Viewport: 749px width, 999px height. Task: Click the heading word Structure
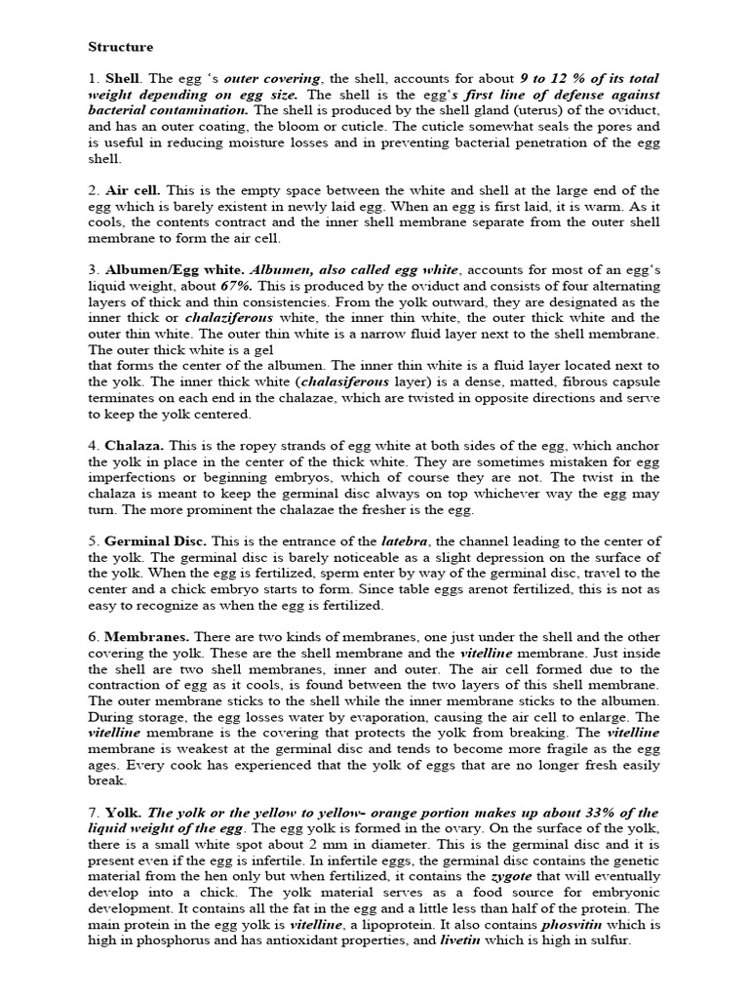click(x=121, y=46)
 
